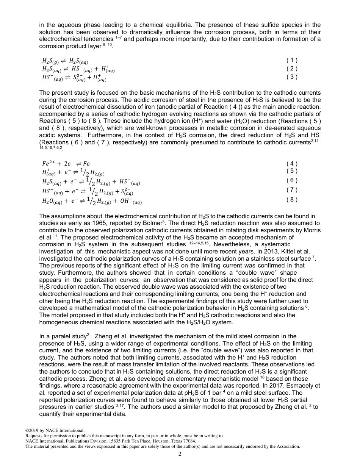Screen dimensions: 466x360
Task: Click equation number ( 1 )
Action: click(292, 60)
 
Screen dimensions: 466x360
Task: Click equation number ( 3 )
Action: click(292, 77)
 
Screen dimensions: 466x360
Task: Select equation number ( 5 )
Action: click(292, 170)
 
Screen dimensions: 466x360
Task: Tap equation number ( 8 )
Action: click(292, 199)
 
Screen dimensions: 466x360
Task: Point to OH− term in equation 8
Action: click(125, 202)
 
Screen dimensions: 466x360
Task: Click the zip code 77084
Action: click(189, 441)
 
